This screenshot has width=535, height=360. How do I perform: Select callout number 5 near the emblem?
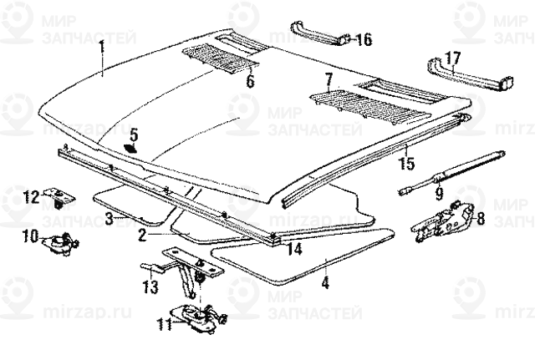(134, 133)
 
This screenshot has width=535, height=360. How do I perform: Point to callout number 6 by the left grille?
(248, 81)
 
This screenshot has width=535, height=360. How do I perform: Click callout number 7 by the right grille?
(329, 79)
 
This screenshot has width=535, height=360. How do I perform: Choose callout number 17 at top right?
(452, 58)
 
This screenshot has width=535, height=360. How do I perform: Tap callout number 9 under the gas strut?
(437, 195)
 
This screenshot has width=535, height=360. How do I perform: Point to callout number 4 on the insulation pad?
(325, 283)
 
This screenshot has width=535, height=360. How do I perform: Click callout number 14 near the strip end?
(293, 248)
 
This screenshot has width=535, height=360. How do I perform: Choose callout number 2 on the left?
(143, 236)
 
